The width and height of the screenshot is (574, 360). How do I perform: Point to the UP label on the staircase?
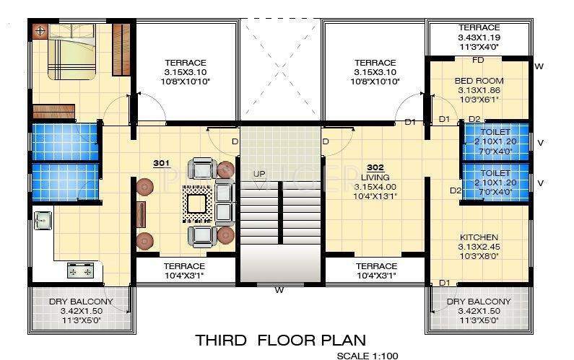click(258, 175)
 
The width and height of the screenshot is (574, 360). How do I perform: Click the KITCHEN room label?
click(479, 237)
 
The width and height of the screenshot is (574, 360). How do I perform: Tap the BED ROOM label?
click(479, 81)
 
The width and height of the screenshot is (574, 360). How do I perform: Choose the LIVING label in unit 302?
click(375, 177)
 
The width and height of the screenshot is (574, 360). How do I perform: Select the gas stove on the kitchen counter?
click(80, 270)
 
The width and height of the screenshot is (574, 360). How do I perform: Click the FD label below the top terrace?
click(478, 60)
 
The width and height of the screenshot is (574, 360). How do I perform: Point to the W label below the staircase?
click(278, 291)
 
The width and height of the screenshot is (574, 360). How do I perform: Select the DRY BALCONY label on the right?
click(478, 302)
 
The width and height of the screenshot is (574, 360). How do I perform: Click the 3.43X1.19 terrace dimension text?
click(479, 36)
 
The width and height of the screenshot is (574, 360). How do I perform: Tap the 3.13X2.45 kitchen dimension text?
click(479, 247)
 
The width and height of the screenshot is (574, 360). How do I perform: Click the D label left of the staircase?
click(235, 141)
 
